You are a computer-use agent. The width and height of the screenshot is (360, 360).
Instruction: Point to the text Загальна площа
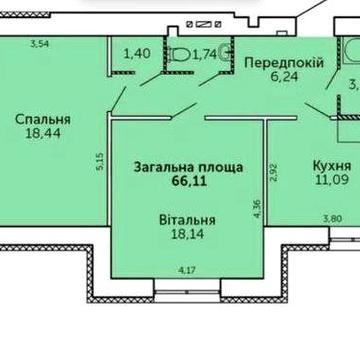tap(180, 168)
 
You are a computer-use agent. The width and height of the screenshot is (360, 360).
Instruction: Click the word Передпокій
tap(283, 62)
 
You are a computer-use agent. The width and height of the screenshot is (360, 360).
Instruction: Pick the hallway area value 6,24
tap(283, 79)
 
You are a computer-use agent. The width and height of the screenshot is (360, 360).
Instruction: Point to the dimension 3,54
tap(40, 44)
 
